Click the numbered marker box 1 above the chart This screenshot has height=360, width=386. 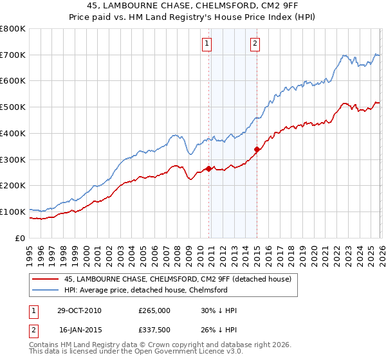click(x=207, y=44)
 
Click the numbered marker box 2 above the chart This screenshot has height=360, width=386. click(x=255, y=44)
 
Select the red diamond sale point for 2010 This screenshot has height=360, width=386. click(x=208, y=168)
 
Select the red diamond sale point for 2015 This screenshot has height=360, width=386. click(x=257, y=150)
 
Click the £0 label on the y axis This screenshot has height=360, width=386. click(x=20, y=238)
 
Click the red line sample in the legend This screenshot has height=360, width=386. click(x=45, y=279)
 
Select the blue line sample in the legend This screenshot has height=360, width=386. click(x=45, y=290)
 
